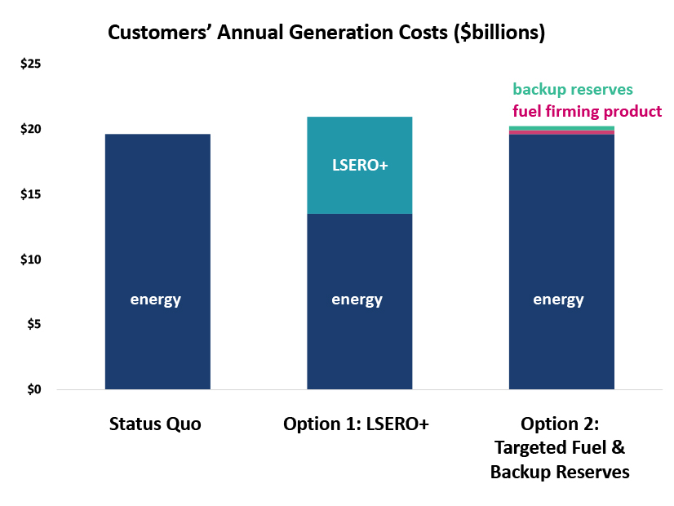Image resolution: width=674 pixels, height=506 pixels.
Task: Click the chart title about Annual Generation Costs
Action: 326,33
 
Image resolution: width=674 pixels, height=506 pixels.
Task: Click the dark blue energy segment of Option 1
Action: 359,343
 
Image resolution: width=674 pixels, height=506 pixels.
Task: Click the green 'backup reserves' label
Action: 572,90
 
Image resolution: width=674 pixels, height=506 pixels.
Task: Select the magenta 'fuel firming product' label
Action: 587,111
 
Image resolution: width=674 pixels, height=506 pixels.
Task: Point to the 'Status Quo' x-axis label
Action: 155,424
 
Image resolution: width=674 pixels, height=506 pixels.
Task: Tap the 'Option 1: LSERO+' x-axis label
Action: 356,424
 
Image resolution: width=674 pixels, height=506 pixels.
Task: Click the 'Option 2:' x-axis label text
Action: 560,424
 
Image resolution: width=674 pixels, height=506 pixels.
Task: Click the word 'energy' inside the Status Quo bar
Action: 156,300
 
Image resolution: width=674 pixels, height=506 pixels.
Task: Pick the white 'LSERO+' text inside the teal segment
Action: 359,164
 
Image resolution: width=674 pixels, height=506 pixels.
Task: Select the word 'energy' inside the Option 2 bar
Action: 559,300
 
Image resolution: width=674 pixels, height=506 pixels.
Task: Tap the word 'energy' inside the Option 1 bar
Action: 357,300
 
